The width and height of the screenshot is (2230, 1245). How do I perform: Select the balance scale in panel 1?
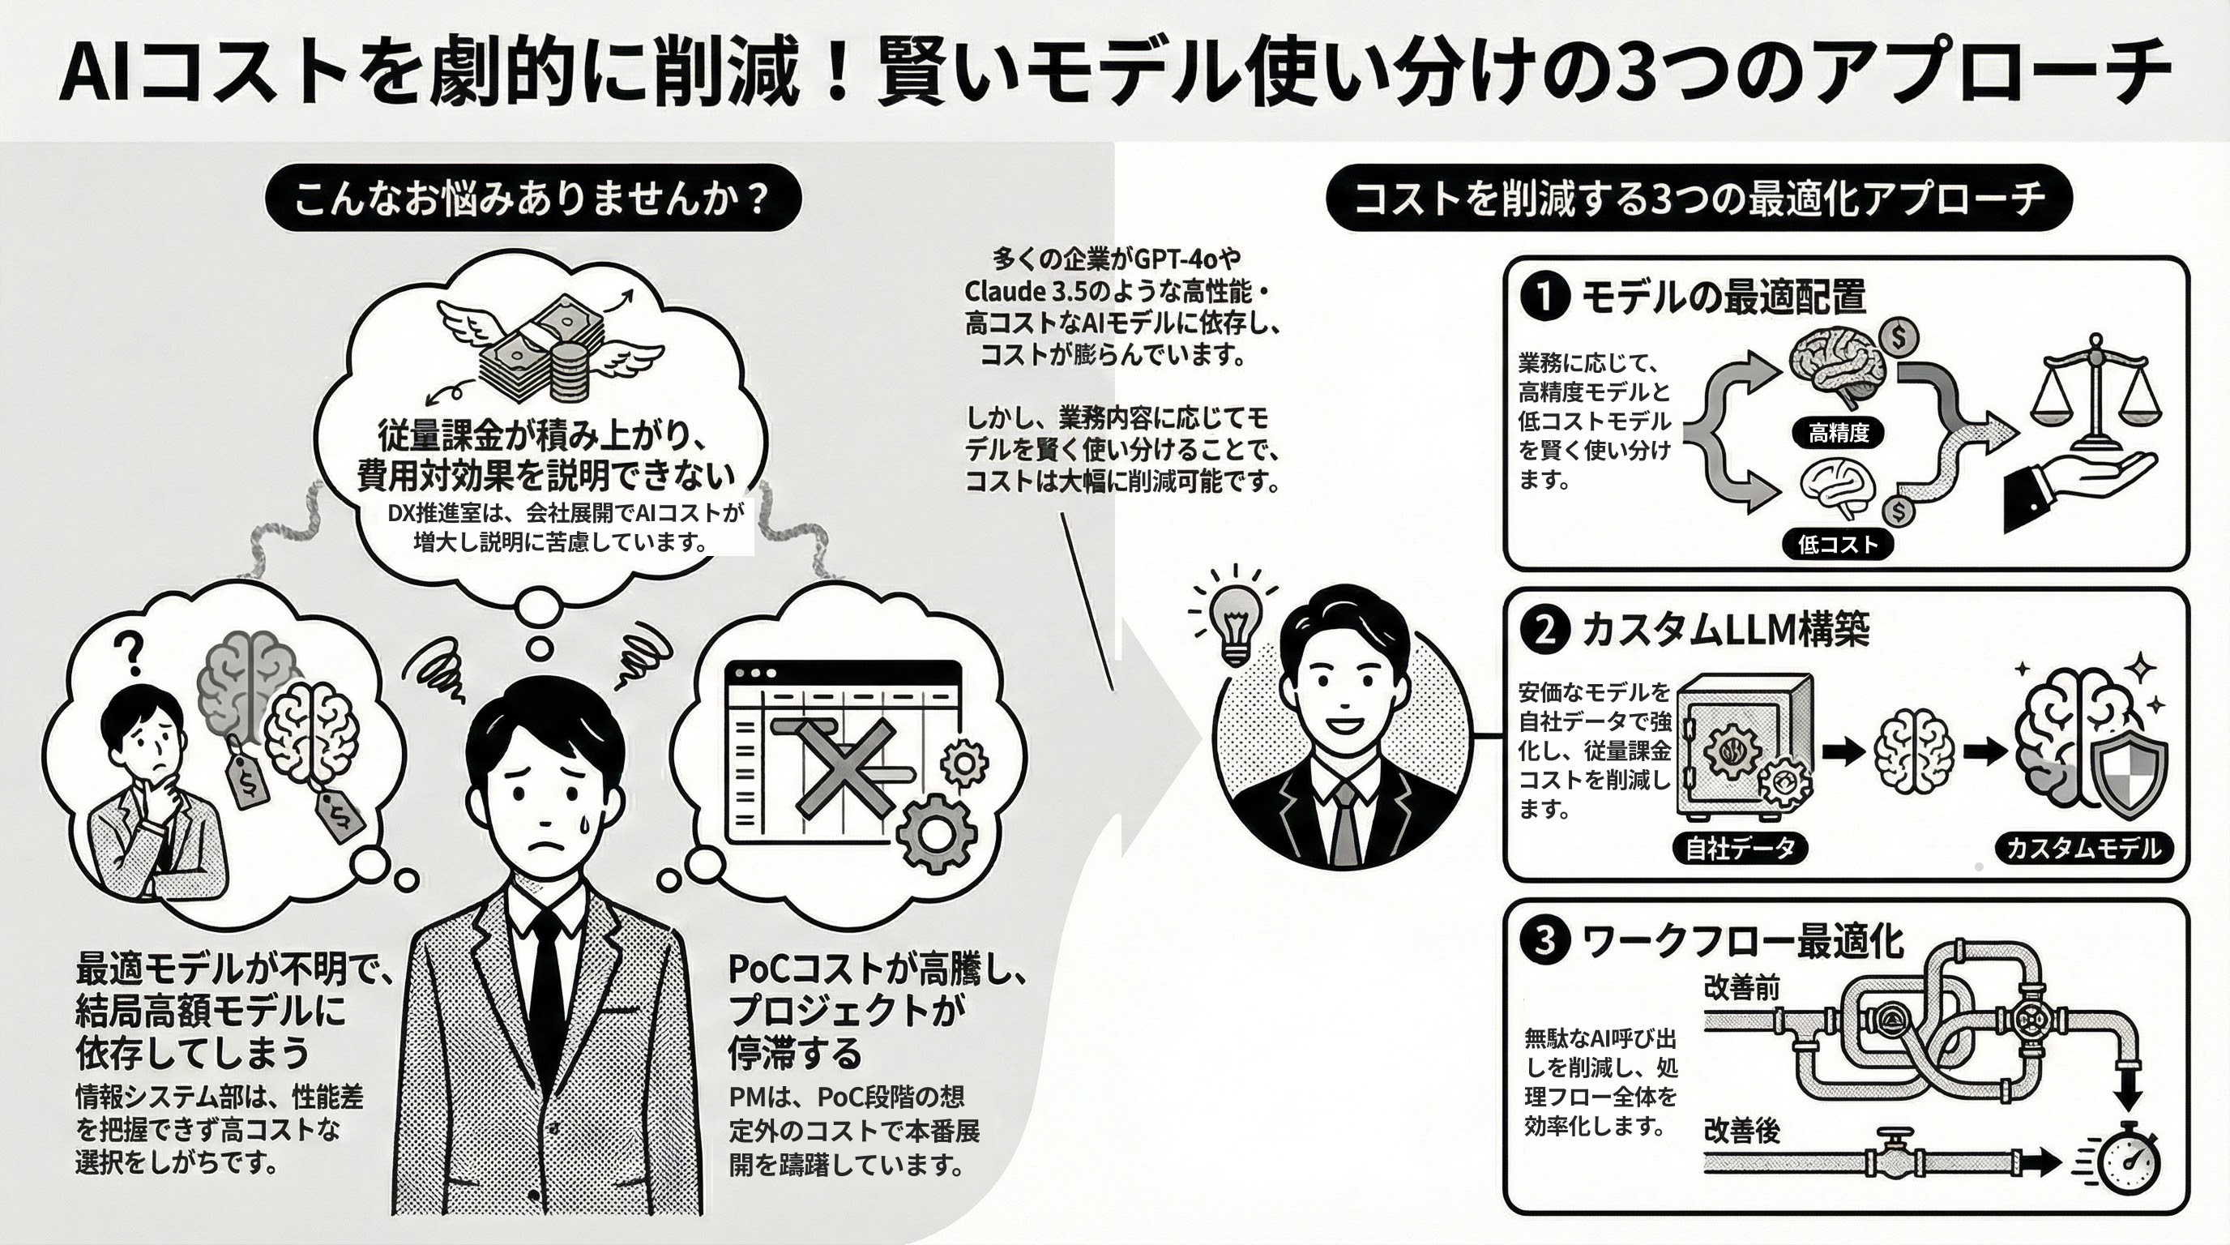coord(2095,398)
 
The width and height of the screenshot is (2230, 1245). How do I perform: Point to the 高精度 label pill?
coord(1838,432)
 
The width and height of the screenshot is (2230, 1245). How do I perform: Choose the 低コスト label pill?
coord(1837,544)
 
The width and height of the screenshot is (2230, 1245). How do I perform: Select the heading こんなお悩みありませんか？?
coord(533,199)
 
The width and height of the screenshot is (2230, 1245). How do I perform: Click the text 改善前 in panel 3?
coord(1741,986)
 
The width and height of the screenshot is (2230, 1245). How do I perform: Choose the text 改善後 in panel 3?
coord(1741,1131)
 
